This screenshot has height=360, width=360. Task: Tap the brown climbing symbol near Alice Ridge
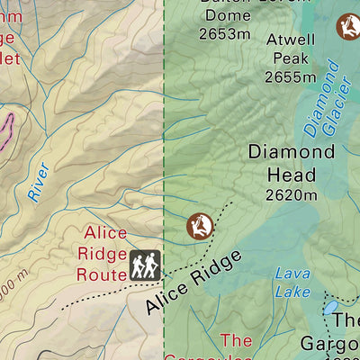pyautogui.click(x=199, y=226)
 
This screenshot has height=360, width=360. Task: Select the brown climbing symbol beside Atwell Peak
pyautogui.click(x=348, y=27)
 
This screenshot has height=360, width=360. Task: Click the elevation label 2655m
pyautogui.click(x=291, y=76)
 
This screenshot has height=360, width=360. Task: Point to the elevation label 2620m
pyautogui.click(x=291, y=194)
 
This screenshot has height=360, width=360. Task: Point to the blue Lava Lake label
pyautogui.click(x=292, y=282)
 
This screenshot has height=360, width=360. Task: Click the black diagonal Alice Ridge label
pyautogui.click(x=193, y=283)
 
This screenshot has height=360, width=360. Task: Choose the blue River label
pyautogui.click(x=38, y=181)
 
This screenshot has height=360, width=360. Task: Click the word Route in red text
pyautogui.click(x=101, y=274)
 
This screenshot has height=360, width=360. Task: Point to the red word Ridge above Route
pyautogui.click(x=103, y=254)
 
